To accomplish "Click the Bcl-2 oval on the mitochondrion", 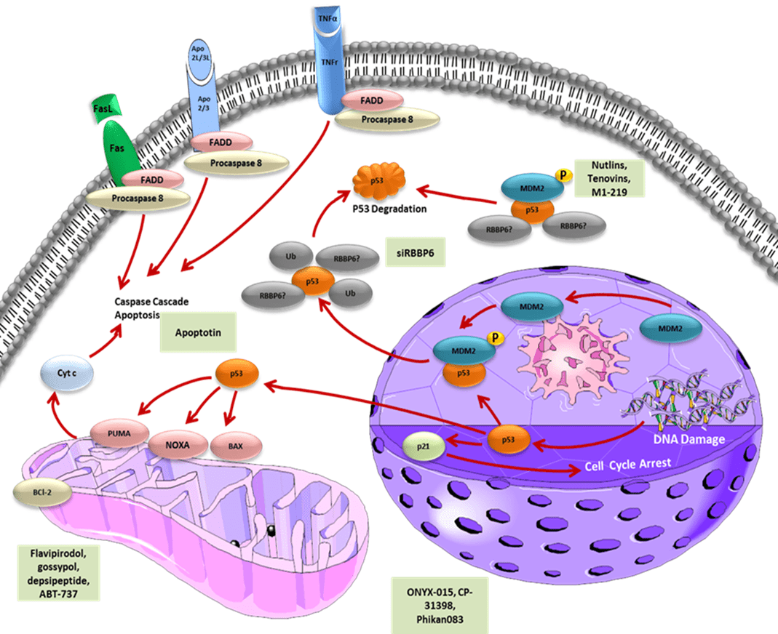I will (x=36, y=491).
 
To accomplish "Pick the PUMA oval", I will (x=117, y=434).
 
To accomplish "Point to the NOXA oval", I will (x=176, y=441).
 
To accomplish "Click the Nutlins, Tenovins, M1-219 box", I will (x=608, y=178).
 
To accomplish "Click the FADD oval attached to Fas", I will (x=153, y=179).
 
